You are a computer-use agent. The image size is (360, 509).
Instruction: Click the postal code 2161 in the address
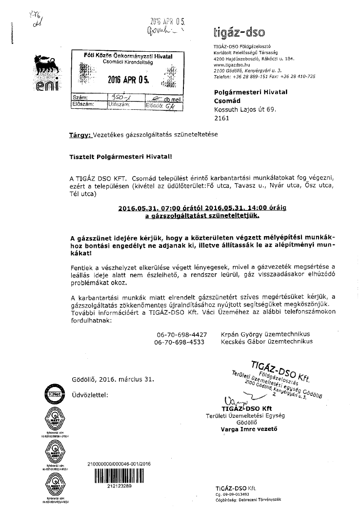222,118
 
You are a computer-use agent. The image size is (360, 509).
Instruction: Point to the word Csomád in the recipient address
228,101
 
